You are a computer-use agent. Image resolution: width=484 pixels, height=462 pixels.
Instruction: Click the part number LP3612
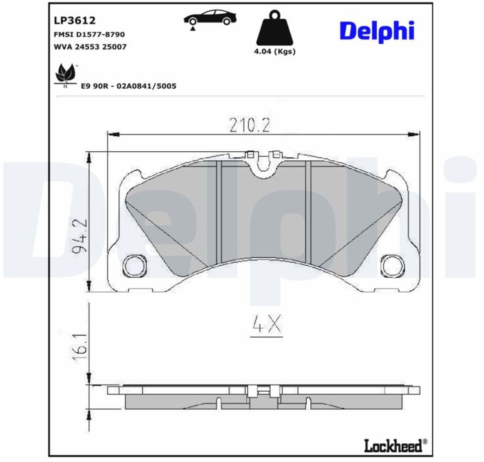tap(75, 21)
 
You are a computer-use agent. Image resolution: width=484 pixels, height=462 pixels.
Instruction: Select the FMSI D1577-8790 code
tap(89, 34)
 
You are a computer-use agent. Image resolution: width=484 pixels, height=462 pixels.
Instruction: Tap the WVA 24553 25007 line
tap(90, 47)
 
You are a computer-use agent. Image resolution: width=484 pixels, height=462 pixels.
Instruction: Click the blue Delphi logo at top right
tap(377, 31)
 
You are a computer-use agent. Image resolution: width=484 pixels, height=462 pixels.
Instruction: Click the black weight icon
tap(275, 28)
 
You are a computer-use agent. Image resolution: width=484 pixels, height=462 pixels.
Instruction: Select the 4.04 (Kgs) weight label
tap(275, 52)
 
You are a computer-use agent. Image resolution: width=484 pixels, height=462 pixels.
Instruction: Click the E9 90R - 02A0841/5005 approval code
tap(129, 86)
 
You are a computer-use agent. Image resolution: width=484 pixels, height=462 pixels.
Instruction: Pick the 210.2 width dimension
tap(249, 125)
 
